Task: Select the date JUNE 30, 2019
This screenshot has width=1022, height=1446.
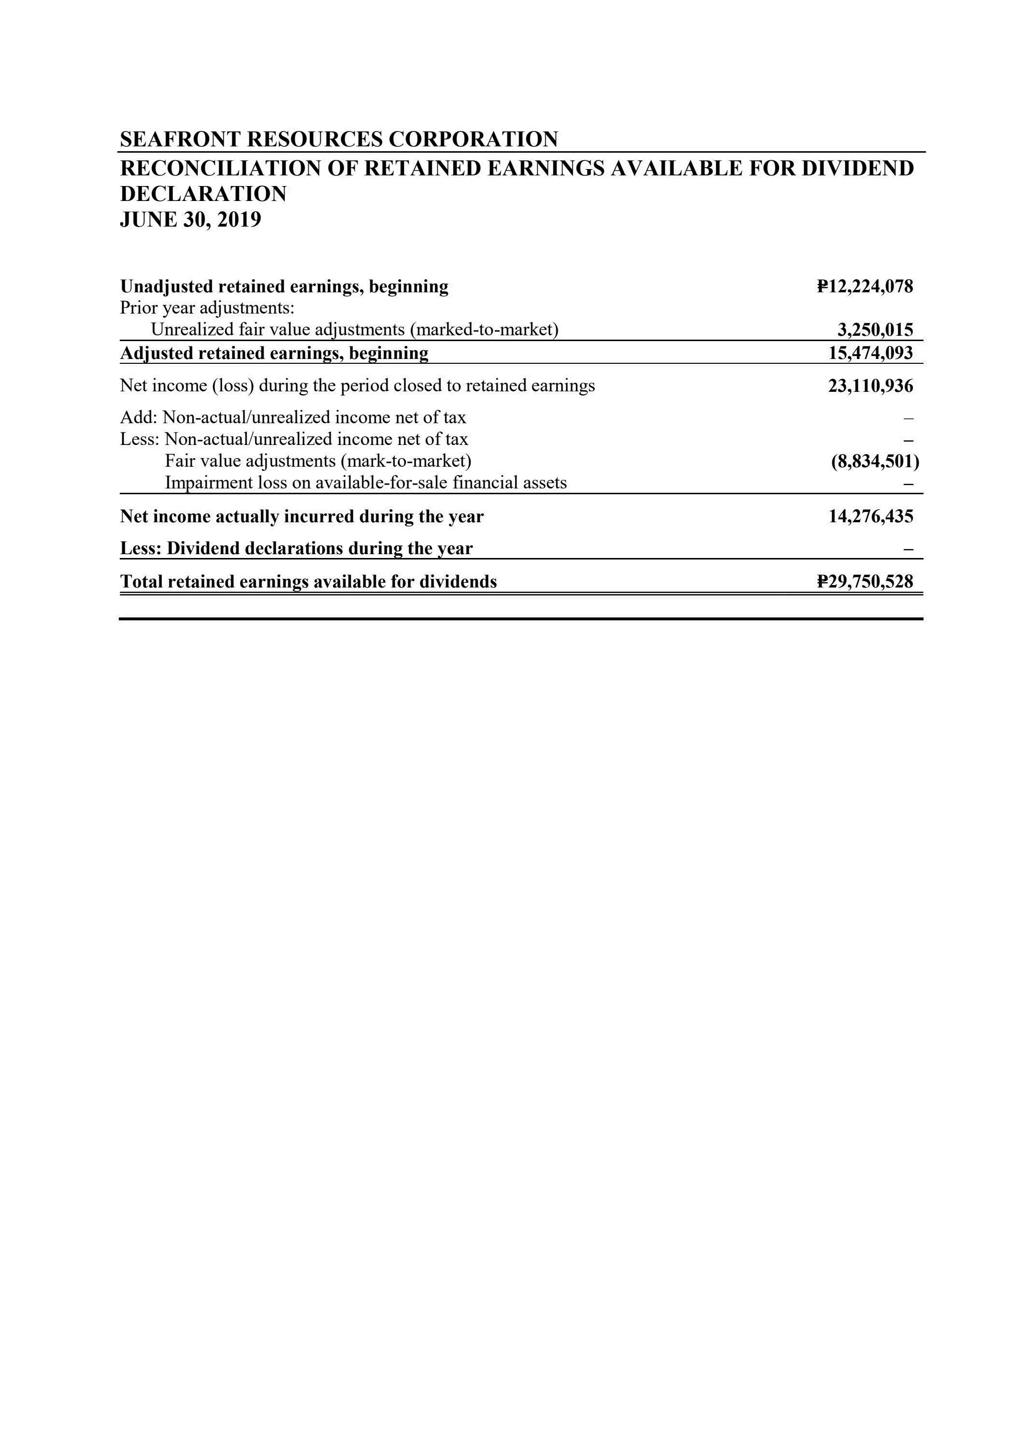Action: coord(190,220)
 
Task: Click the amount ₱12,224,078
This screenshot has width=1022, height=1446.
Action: coord(865,286)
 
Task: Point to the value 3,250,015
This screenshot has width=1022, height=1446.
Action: coord(875,330)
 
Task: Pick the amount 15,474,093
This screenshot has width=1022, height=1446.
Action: coord(870,353)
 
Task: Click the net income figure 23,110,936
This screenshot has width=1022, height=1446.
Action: coord(870,386)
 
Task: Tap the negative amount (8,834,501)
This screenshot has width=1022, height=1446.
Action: coord(875,462)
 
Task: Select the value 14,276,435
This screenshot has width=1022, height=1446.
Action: coord(870,516)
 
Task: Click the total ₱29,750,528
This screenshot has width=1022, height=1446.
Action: coord(865,581)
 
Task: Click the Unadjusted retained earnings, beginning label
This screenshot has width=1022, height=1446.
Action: coord(284,286)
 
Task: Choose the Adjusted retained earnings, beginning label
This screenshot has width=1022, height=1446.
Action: coord(274,353)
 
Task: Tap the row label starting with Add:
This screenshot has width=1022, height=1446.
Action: coord(293,417)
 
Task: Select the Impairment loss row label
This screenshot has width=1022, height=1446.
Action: coord(365,483)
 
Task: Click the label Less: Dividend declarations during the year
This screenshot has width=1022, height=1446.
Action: coord(296,548)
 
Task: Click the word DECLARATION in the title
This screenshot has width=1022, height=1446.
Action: coord(203,194)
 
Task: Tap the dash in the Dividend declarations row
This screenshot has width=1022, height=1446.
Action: coord(908,550)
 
